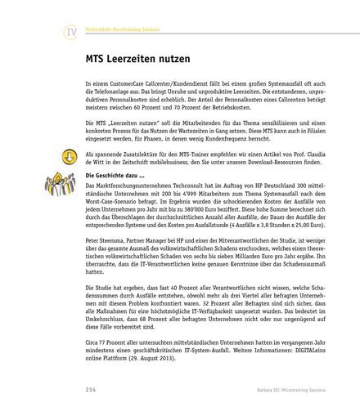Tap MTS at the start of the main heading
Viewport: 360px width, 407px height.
[97, 60]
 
